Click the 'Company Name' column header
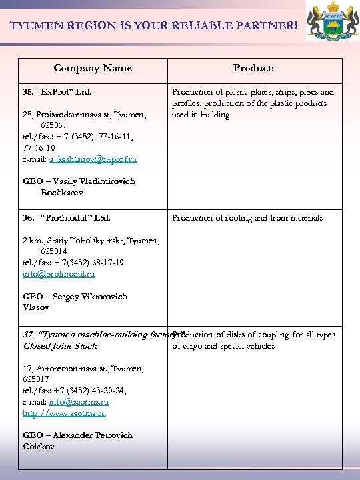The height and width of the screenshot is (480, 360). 93,68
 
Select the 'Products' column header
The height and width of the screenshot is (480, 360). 254,68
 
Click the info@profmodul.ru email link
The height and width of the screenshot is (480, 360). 59,274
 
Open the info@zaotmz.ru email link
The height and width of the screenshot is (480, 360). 79,402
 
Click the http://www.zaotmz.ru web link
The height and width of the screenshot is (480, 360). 64,413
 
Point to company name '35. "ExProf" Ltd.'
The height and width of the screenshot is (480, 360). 57,92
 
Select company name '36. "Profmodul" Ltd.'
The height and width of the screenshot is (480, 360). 66,218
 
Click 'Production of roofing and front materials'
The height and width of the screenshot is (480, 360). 247,218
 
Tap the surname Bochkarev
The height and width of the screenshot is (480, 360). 62,193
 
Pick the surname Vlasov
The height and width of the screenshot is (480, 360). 36,307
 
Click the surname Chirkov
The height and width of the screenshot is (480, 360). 39,447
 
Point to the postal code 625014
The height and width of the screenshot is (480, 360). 54,251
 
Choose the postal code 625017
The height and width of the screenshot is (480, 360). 37,379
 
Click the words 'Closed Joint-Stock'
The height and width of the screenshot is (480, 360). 60,346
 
